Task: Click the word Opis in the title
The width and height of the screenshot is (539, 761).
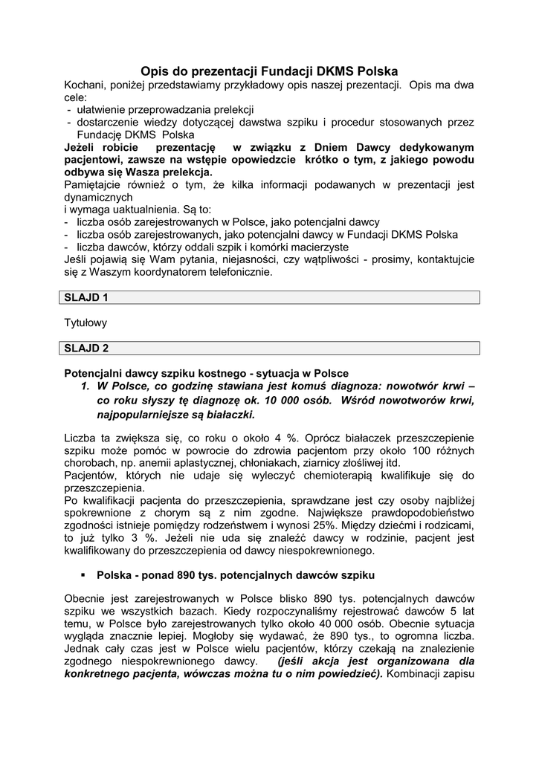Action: pos(156,71)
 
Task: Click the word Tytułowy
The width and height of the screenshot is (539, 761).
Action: pos(86,323)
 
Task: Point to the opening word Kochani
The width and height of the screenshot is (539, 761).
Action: pos(87,85)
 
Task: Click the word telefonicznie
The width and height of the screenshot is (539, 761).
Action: pos(236,272)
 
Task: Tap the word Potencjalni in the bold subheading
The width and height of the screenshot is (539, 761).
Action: pos(92,373)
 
